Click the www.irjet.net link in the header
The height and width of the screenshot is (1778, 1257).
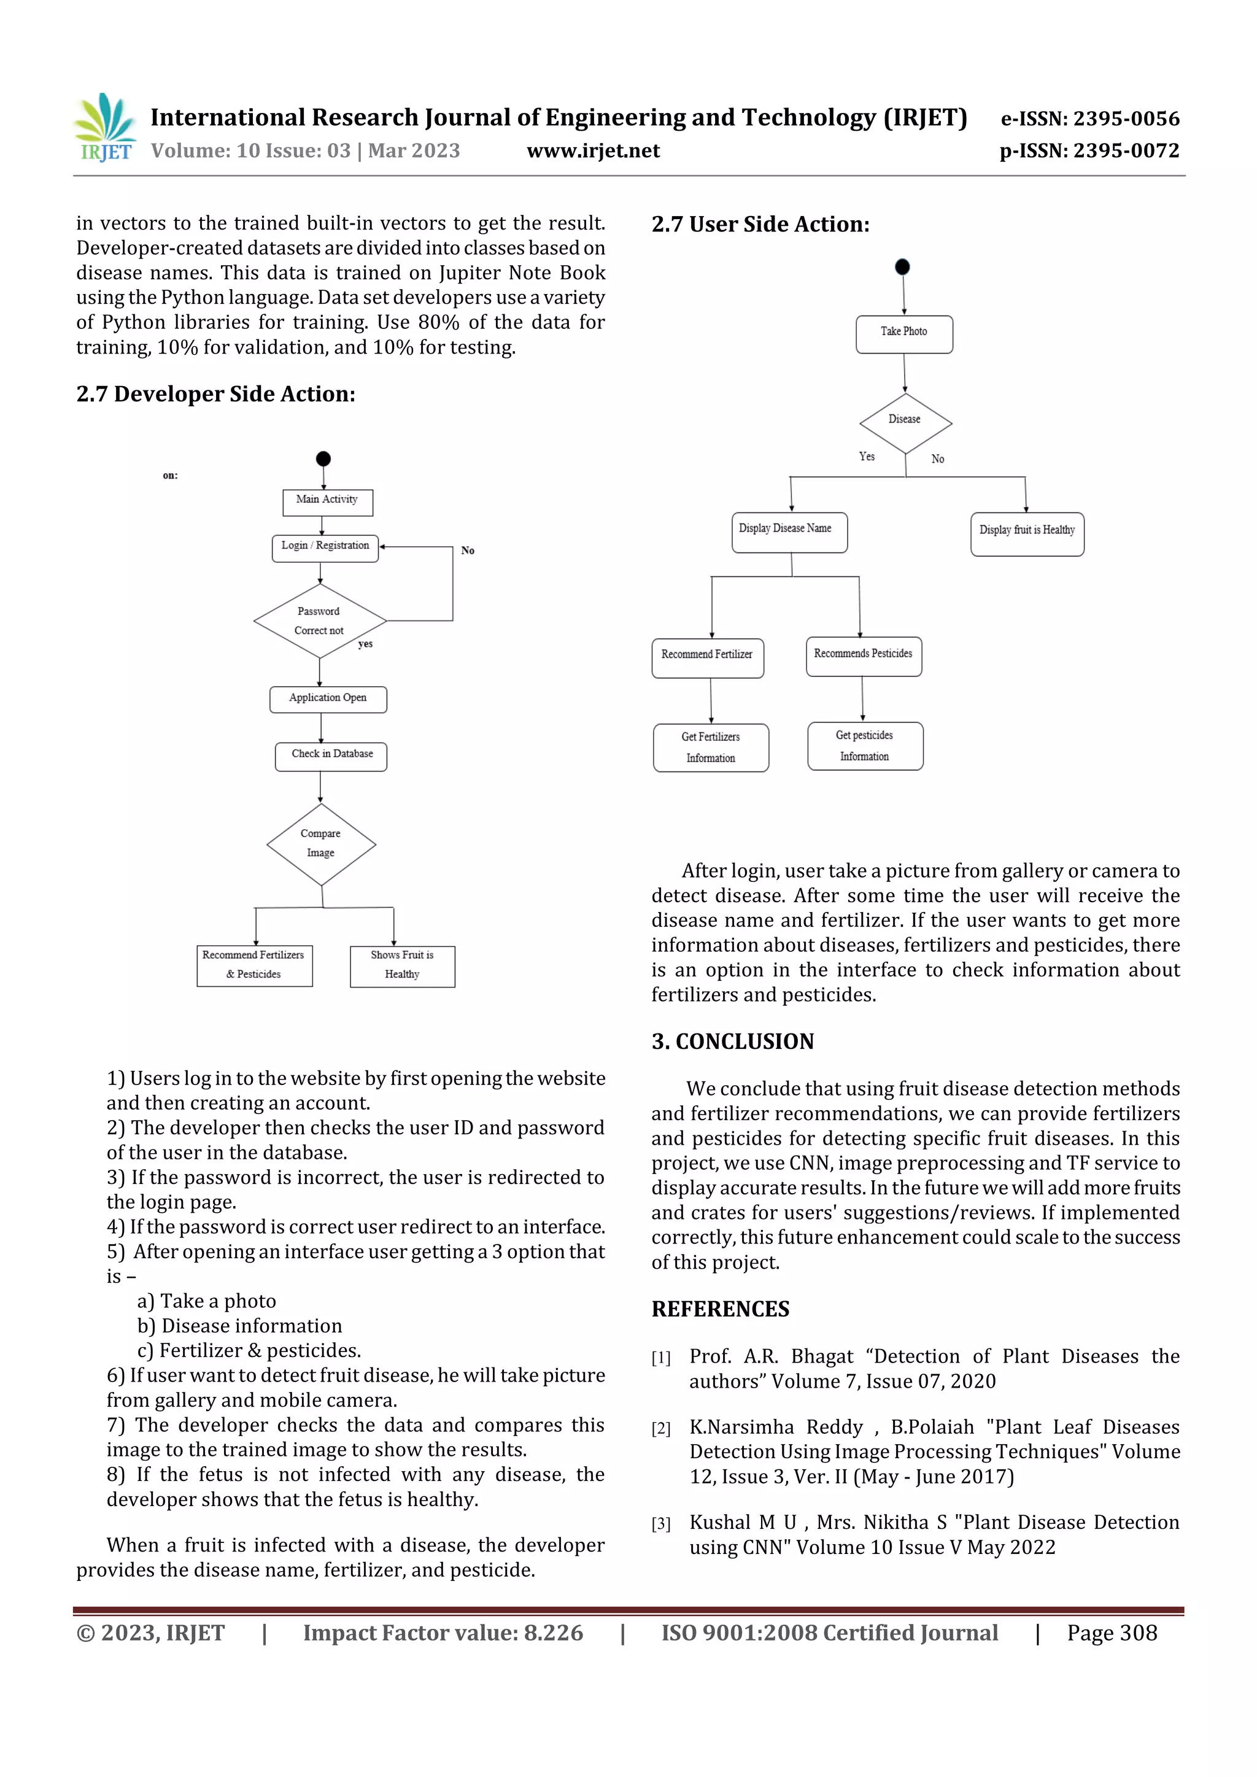[x=594, y=150]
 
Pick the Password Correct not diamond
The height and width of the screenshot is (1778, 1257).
[x=320, y=621]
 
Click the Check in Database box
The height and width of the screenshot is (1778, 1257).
[x=331, y=756]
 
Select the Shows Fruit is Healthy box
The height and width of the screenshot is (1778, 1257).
[x=402, y=965]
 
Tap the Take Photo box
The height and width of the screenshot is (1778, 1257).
[x=904, y=334]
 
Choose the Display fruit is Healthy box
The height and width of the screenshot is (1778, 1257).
[x=1027, y=533]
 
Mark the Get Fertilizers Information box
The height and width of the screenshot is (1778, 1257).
[x=711, y=748]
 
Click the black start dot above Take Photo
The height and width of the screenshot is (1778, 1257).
[x=902, y=267]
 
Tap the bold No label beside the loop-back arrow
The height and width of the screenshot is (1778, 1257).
[x=468, y=551]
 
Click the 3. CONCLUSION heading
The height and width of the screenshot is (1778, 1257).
[x=733, y=1042]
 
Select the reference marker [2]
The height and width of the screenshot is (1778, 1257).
[x=660, y=1429]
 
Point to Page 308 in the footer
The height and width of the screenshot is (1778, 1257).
[x=1112, y=1633]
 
